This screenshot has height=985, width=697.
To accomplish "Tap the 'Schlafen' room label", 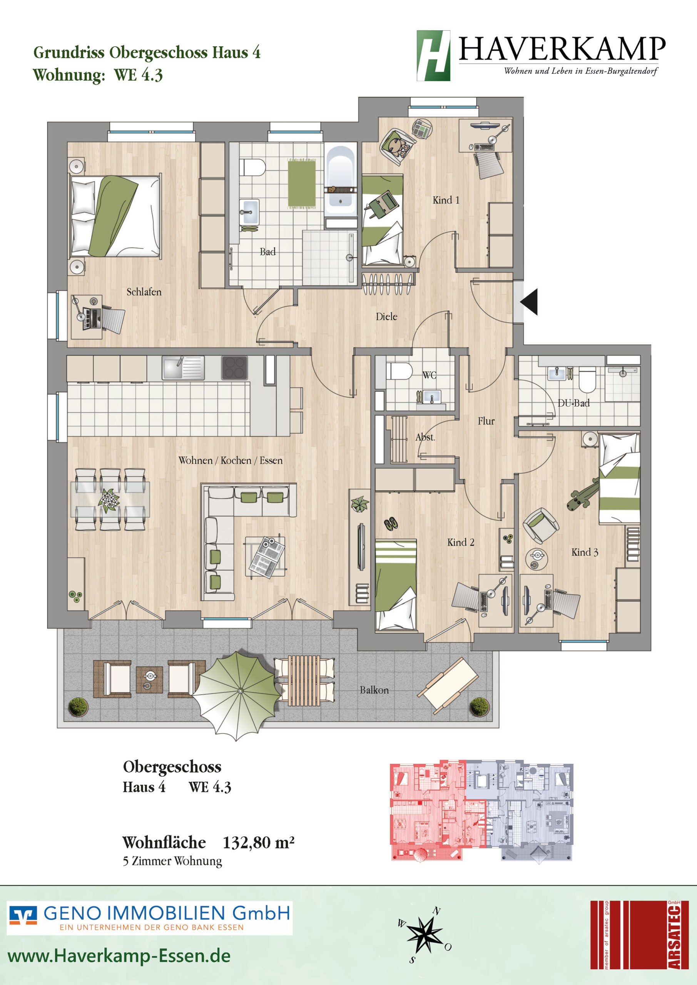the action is [x=144, y=292].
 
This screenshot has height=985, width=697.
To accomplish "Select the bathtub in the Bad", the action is [x=340, y=180].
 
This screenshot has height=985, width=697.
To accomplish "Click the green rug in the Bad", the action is [x=302, y=184].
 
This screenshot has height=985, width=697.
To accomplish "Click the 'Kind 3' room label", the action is [x=585, y=552].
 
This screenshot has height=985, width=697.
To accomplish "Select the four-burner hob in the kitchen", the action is [x=234, y=368].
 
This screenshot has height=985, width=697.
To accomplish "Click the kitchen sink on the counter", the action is [x=183, y=368].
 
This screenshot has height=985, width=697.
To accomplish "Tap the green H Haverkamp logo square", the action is [x=433, y=56].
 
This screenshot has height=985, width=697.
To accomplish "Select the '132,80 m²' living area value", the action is [x=258, y=843].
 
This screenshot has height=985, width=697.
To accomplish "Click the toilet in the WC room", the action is [x=399, y=371].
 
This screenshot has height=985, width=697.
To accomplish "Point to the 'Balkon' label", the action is [x=374, y=690].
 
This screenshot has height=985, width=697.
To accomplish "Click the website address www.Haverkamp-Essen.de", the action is [x=119, y=956].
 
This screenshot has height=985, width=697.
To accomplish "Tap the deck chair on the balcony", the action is [x=448, y=686].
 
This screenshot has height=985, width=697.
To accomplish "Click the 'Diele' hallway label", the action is [x=386, y=317].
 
